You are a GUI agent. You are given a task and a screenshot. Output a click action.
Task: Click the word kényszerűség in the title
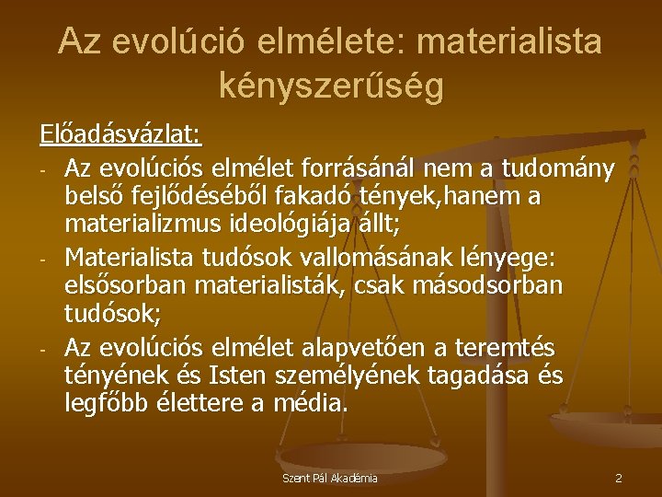point(331,85)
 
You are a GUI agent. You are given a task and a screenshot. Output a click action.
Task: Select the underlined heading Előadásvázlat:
point(120,135)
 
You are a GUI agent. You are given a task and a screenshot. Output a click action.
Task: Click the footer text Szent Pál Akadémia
point(330,479)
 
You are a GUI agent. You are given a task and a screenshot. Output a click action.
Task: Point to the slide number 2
point(619,479)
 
